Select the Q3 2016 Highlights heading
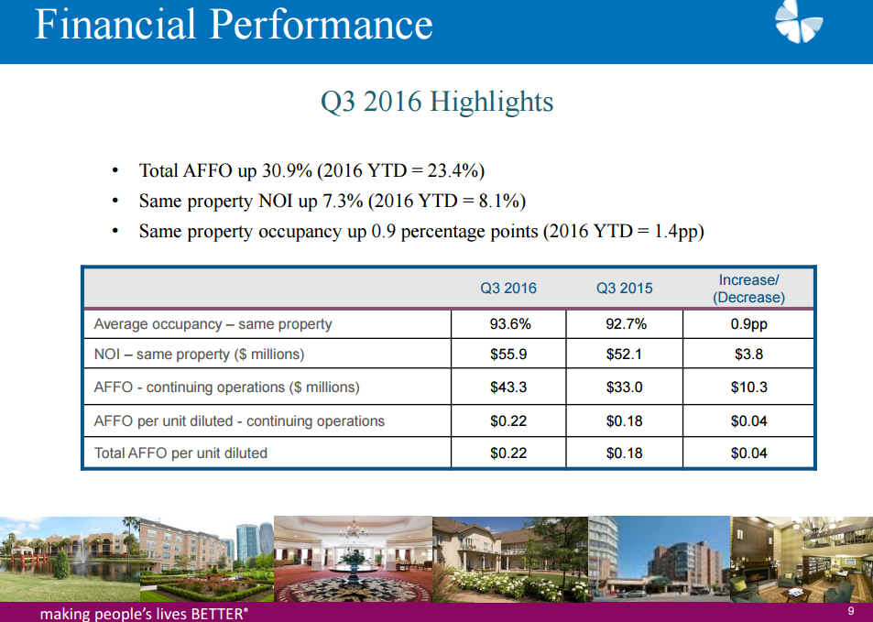(436, 101)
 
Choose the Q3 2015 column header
(624, 288)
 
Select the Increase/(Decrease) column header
(748, 289)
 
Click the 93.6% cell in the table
(509, 323)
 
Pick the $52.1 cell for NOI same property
(624, 354)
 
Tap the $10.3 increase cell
(748, 387)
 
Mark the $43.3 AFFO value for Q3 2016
(509, 387)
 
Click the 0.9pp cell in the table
(748, 323)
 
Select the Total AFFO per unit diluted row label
(180, 453)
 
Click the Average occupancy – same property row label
(213, 323)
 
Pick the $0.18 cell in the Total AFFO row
(624, 453)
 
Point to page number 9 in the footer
(851, 612)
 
